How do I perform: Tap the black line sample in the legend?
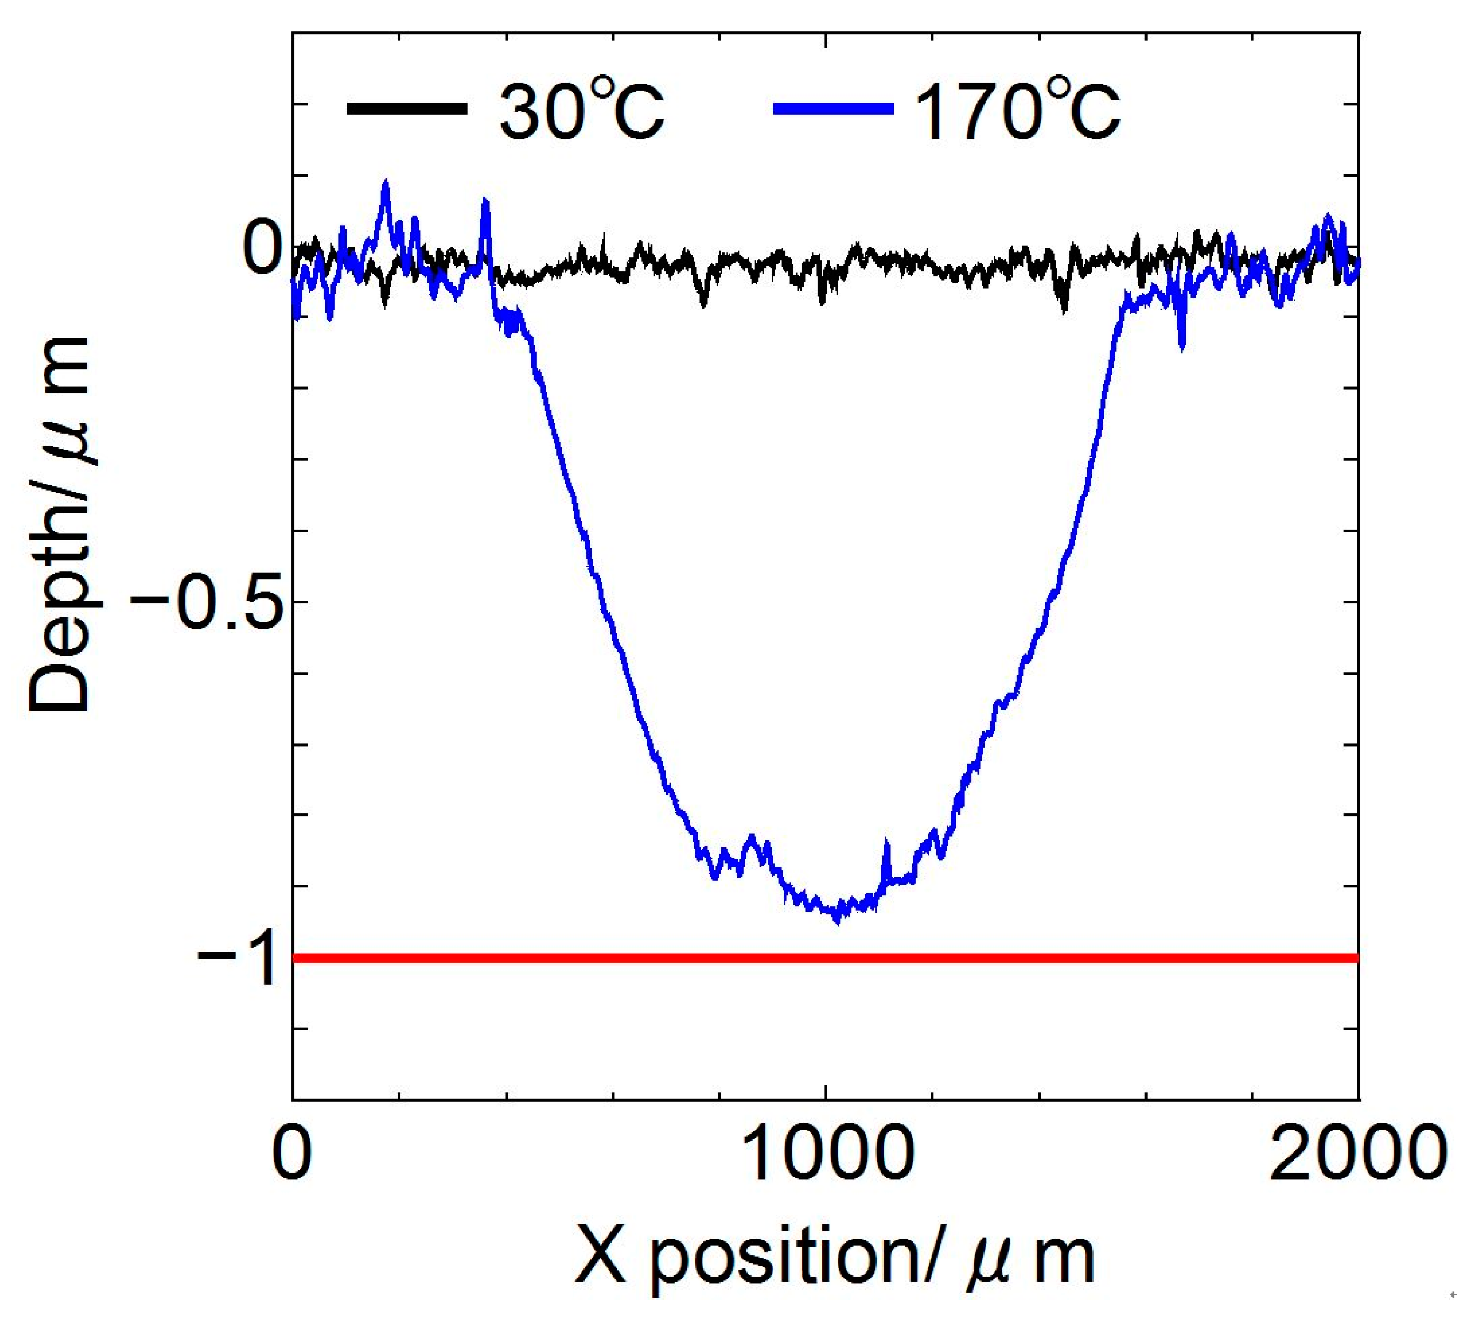pos(407,109)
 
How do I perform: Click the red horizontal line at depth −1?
pos(826,958)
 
